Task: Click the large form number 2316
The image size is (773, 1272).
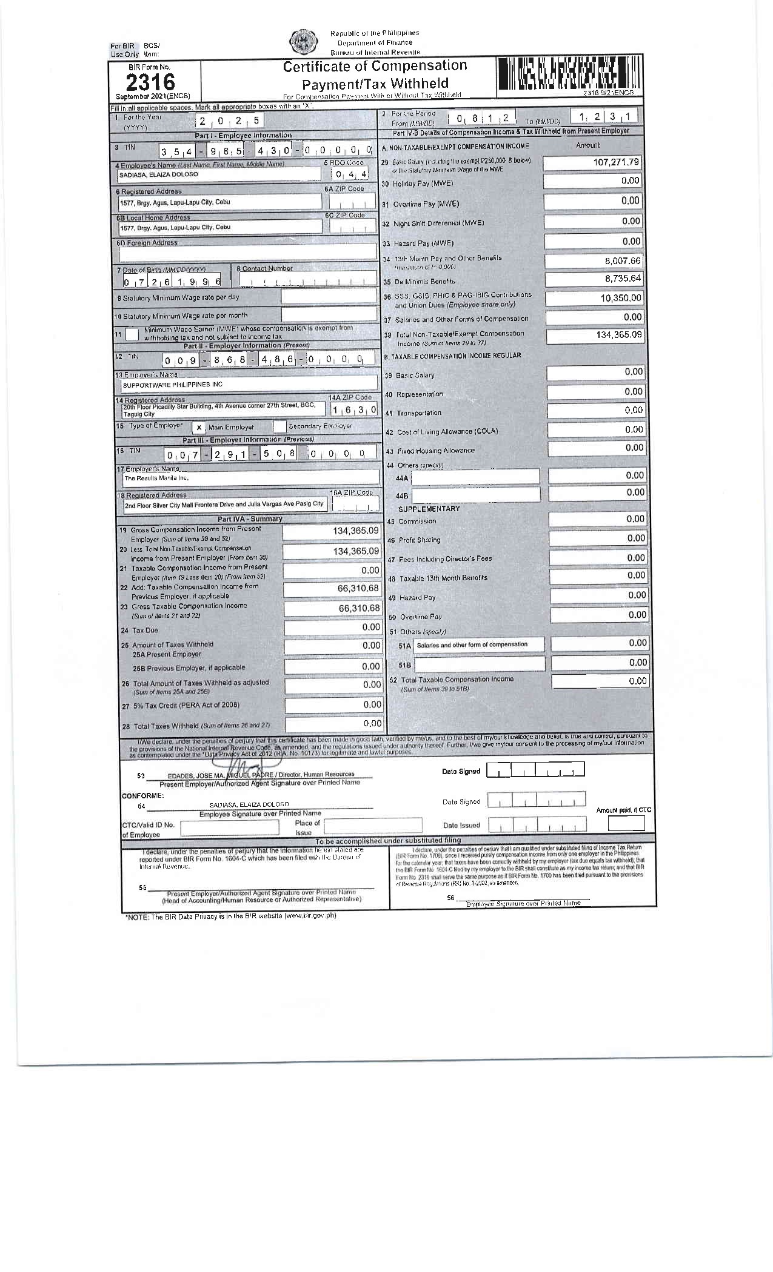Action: point(150,82)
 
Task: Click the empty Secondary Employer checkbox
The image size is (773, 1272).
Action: point(279,426)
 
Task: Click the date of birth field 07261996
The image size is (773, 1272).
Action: point(172,282)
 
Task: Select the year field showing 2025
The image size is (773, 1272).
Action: point(229,121)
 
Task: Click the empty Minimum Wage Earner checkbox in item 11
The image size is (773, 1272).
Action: point(132,334)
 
